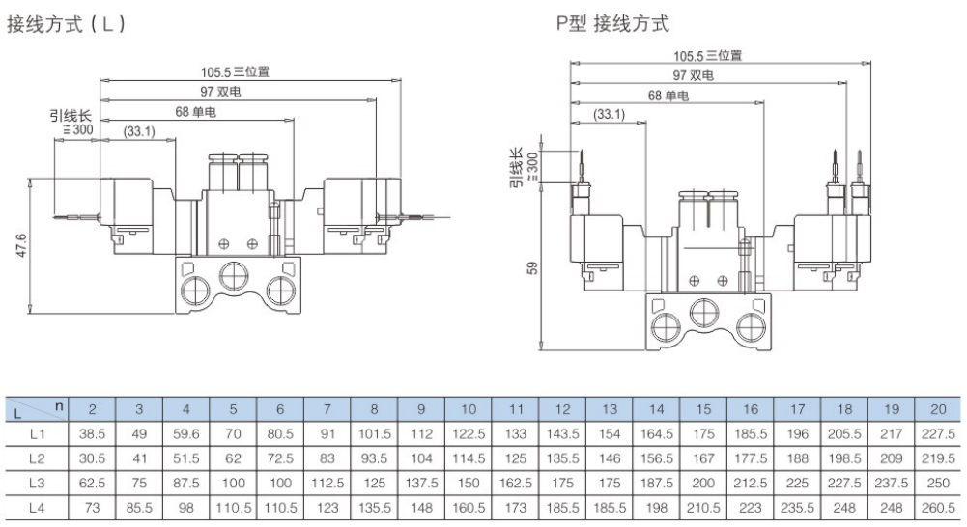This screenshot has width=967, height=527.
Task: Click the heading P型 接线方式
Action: (x=611, y=24)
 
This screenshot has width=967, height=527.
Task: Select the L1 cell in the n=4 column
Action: (x=185, y=433)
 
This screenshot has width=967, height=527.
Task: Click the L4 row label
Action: (x=38, y=504)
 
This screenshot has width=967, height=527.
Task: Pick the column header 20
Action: (x=938, y=408)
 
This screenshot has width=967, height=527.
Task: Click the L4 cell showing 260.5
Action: (x=938, y=504)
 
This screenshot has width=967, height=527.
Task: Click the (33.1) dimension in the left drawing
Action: (x=139, y=131)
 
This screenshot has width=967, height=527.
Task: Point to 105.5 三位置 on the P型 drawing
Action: (x=707, y=56)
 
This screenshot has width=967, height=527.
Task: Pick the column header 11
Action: (x=516, y=408)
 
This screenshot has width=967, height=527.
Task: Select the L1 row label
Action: (x=38, y=433)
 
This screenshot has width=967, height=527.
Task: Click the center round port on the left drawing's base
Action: (x=232, y=278)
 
